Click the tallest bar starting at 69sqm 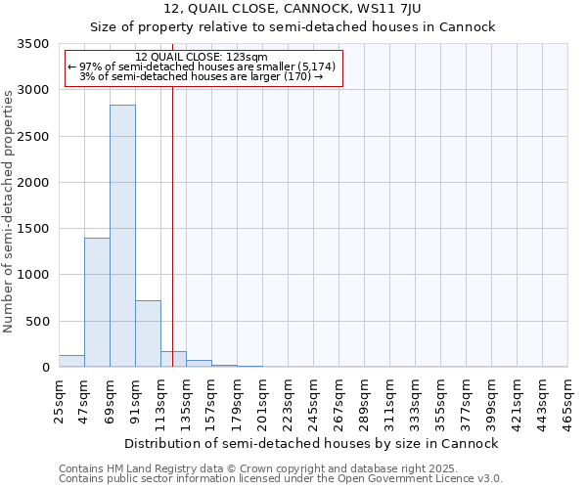tap(122, 236)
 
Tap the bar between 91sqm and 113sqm tap(148, 333)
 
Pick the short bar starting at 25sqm tap(71, 361)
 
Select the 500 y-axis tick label tap(38, 322)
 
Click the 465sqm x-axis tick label tap(567, 402)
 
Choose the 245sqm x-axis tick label tap(313, 402)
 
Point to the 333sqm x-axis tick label tap(415, 402)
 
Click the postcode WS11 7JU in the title tap(377, 10)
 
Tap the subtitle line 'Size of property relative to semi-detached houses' tap(293, 27)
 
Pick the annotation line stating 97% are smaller tap(202, 67)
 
